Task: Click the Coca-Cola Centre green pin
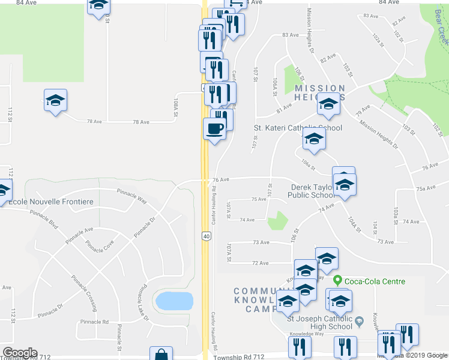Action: tap(338, 281)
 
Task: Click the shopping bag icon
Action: tap(161, 355)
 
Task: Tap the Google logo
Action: tap(19, 353)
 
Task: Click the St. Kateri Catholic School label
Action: tap(298, 128)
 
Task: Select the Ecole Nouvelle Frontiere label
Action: tap(50, 202)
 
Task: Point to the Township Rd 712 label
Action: tap(238, 357)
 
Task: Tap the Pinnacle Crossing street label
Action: tap(84, 293)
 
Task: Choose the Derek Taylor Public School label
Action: tap(313, 191)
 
